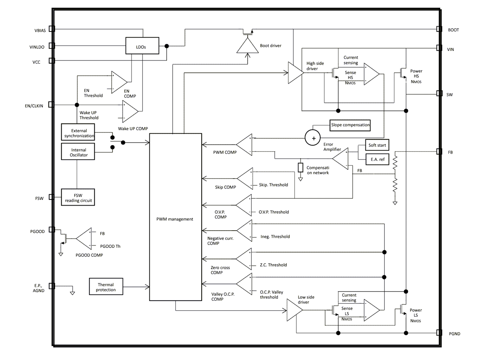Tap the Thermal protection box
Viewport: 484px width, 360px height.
coord(106,287)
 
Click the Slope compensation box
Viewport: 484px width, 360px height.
coord(350,125)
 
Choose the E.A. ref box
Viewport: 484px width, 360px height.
coord(378,159)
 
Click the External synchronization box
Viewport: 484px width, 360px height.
coord(79,133)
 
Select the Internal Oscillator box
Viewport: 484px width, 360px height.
coord(79,152)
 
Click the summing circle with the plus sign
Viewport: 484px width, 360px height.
coord(313,138)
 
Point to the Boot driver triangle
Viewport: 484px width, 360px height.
coord(247,46)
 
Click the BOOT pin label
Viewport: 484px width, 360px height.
coord(453,30)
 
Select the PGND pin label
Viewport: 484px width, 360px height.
coord(454,334)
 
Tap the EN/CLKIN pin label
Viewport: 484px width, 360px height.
coord(34,106)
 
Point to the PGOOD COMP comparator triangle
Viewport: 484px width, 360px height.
coord(83,239)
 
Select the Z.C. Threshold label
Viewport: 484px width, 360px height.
coord(273,265)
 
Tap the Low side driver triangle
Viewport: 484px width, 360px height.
coord(294,311)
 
